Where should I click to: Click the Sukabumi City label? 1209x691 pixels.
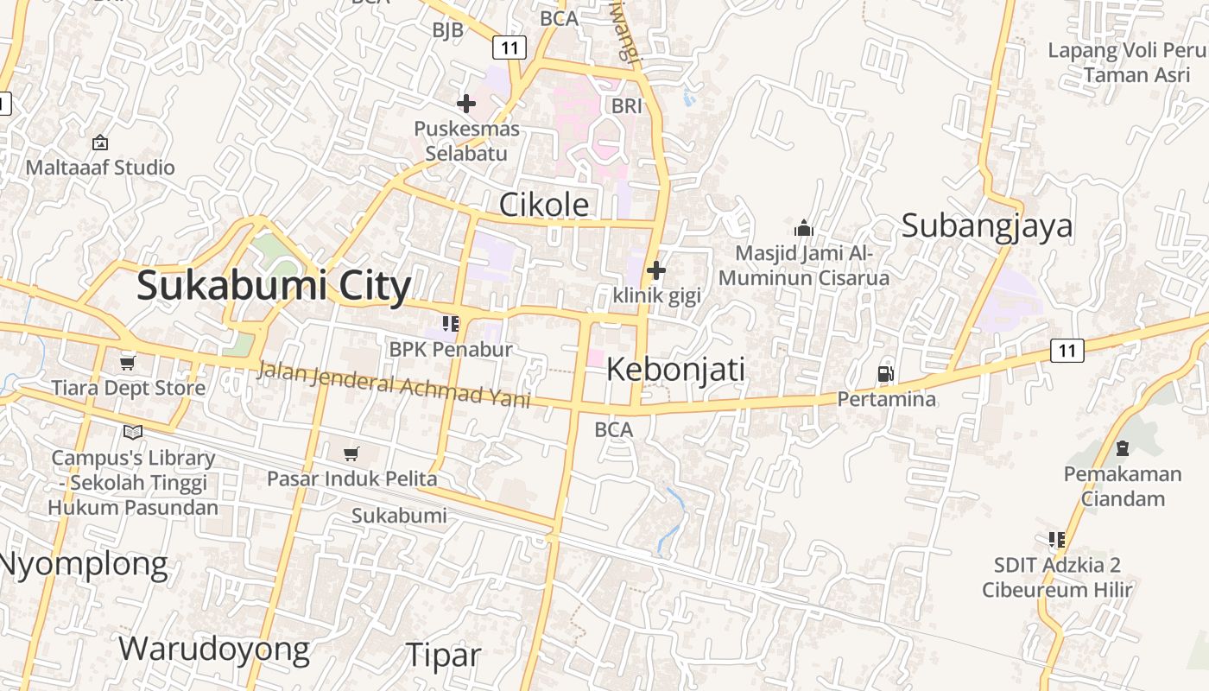click(273, 286)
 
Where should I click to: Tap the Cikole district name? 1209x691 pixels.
click(544, 205)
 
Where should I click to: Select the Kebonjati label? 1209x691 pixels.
click(675, 370)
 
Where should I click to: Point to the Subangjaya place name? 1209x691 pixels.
click(987, 225)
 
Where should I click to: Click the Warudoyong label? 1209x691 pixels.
click(213, 649)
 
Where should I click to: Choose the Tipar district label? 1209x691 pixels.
click(443, 655)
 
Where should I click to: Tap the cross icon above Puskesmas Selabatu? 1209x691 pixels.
click(466, 105)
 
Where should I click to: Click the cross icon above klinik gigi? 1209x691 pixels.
click(656, 270)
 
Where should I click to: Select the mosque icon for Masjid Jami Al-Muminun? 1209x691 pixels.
click(804, 228)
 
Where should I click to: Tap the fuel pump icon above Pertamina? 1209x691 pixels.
click(885, 374)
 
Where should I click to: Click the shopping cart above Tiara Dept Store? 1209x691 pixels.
click(128, 363)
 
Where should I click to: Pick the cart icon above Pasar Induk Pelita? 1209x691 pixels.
click(351, 453)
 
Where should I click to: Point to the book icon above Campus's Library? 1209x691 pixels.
click(133, 432)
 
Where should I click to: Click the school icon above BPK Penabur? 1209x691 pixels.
click(450, 324)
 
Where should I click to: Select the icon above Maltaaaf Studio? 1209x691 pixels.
click(100, 143)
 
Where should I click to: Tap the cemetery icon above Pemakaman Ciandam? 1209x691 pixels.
click(1122, 448)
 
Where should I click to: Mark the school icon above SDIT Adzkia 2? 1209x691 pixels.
click(1056, 540)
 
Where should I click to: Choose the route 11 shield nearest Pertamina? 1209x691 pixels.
click(1067, 351)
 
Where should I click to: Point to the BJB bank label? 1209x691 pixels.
click(448, 30)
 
